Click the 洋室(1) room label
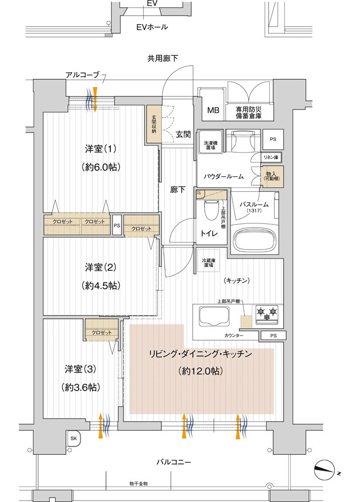coord(100,149)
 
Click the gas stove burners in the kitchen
coord(268,314)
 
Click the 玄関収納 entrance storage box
coord(154,125)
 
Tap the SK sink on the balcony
coord(74,438)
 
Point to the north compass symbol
coord(326,471)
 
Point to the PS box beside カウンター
coord(273,335)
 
